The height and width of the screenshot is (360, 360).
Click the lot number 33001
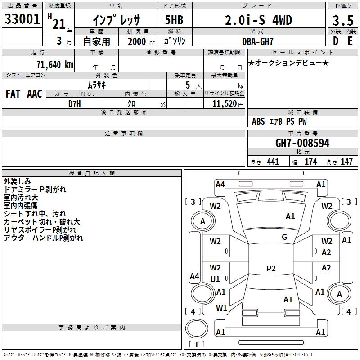pos(22,18)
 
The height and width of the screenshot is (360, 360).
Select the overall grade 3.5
pos(343,20)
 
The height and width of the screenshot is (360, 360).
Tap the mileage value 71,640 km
pos(55,64)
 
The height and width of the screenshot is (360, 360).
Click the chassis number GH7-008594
pos(302,143)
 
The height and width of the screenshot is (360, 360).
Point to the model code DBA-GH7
pos(258,41)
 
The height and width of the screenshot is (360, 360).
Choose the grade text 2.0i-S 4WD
pos(258,20)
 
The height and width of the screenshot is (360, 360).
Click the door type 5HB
pos(174,20)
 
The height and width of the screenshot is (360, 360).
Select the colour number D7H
pos(75,104)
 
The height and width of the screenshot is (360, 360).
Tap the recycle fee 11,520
pos(224,104)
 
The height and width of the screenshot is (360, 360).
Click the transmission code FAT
pos(13,94)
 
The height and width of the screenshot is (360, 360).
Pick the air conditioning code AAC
pos(35,94)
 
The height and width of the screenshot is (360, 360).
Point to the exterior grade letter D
pos(336,41)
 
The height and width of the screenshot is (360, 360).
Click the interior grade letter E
pos(350,41)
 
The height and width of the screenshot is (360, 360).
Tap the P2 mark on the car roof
pos(271,268)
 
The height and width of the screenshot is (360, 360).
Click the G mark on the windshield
pos(284,237)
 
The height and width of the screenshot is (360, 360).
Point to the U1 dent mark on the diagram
pos(215,279)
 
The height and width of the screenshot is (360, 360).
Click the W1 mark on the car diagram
pos(221,308)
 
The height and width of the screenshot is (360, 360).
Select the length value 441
pos(273,162)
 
